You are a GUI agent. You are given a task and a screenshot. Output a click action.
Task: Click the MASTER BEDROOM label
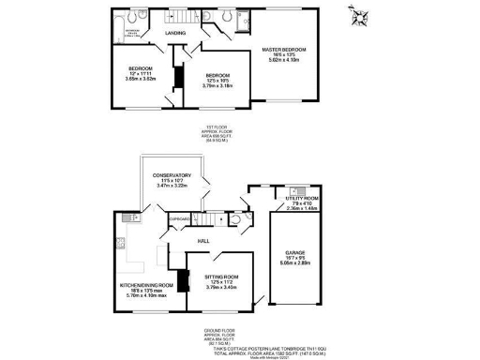point(285,48)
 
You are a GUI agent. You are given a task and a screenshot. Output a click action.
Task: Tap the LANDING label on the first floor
point(174,34)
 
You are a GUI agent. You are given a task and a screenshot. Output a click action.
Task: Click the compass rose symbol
point(357,13)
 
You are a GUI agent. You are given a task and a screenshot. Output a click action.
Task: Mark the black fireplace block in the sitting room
point(185,281)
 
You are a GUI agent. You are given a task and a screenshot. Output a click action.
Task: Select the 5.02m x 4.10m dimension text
point(285,61)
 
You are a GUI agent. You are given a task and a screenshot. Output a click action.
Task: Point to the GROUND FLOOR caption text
point(218,330)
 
